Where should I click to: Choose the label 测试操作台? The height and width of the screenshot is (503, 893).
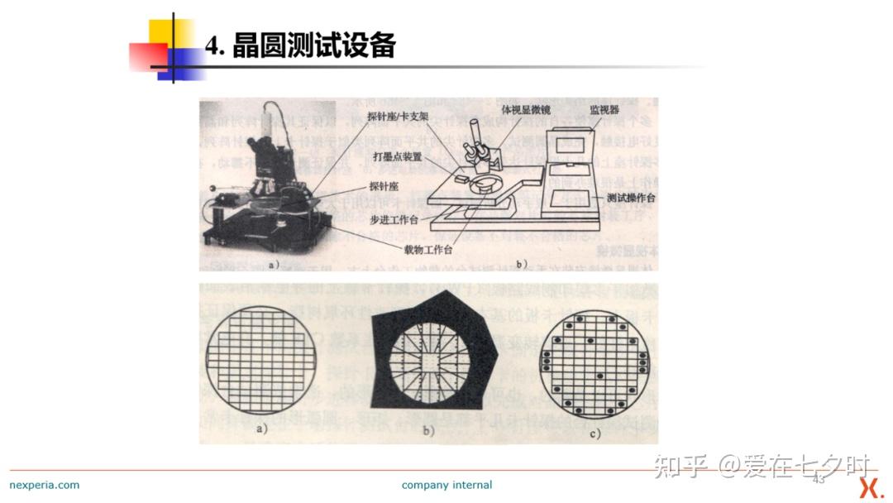point(631,199)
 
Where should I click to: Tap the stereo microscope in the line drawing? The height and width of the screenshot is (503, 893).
point(477,146)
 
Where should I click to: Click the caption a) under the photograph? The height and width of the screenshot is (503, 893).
point(274,264)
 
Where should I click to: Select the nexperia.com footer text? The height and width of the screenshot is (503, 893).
point(45,485)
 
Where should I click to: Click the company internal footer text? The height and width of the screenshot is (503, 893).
point(446,485)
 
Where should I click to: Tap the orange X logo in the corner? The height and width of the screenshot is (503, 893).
point(870,487)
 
